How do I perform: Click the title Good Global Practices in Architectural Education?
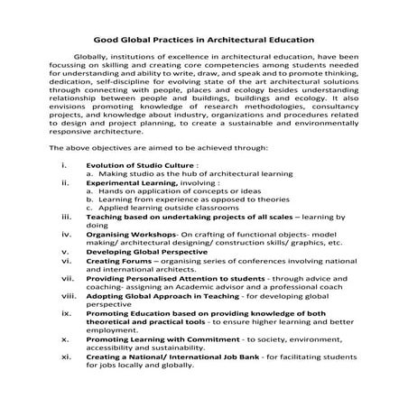pyautogui.click(x=203, y=40)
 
